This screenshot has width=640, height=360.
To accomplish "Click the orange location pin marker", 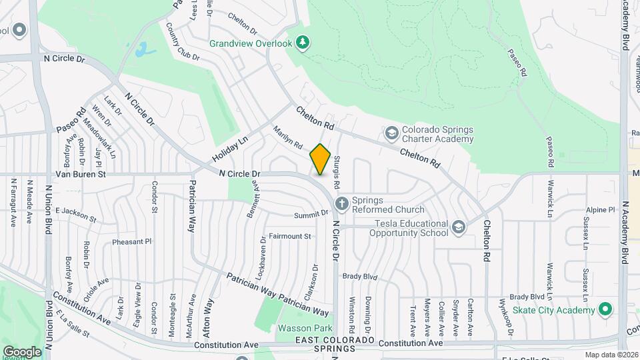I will point(320,159).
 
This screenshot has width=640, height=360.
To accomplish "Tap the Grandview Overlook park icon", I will point(303,43).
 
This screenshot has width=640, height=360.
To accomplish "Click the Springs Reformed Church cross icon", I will point(341,204).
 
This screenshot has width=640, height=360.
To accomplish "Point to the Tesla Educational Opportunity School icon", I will point(458,227).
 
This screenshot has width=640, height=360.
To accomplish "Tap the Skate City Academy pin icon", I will point(605,311).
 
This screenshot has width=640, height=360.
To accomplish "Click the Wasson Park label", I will point(305,329).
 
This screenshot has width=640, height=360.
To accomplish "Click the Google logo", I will point(21,351).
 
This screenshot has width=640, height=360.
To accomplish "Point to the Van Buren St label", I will point(81,174).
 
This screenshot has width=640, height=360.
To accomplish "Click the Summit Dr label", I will point(311,214).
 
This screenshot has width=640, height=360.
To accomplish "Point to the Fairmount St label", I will point(289,236).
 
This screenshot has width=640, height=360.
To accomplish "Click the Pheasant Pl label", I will point(132,242).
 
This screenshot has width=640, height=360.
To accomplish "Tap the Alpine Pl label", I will point(600,209).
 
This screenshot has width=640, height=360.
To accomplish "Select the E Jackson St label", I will point(76,215).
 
